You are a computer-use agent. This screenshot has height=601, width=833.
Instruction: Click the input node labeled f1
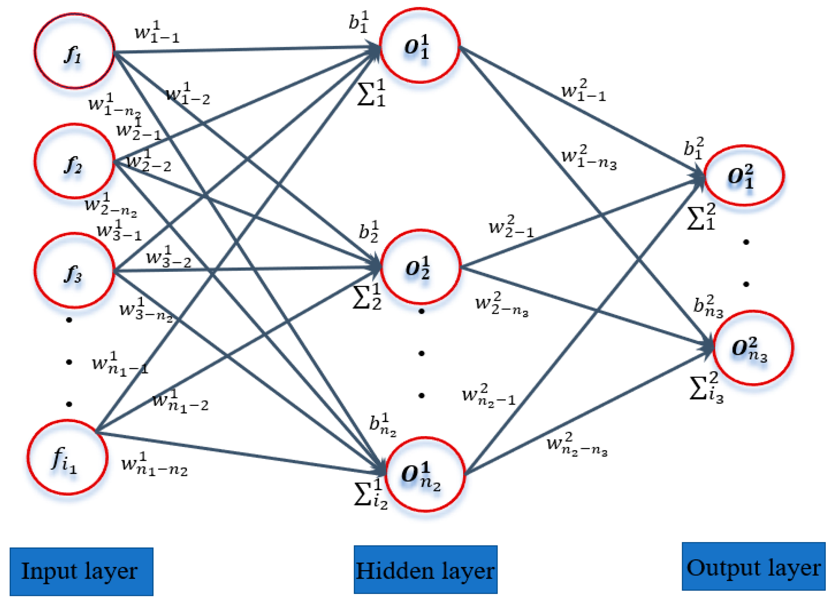pos(74,51)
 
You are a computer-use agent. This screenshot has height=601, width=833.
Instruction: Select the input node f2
pos(74,161)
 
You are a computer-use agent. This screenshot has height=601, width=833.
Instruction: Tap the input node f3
pos(74,271)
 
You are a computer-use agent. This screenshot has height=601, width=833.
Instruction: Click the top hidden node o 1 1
pos(420,46)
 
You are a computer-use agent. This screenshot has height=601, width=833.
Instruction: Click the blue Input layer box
pos(82,571)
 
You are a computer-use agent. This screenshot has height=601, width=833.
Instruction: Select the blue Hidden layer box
pos(425,569)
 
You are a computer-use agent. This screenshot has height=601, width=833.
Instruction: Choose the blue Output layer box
pos(753,567)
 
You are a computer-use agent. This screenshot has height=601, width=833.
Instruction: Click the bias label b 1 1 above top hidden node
pos(358,22)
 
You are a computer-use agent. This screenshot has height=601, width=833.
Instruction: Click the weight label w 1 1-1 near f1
pos(157,32)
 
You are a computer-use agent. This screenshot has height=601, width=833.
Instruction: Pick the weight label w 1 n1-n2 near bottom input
pos(154,465)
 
